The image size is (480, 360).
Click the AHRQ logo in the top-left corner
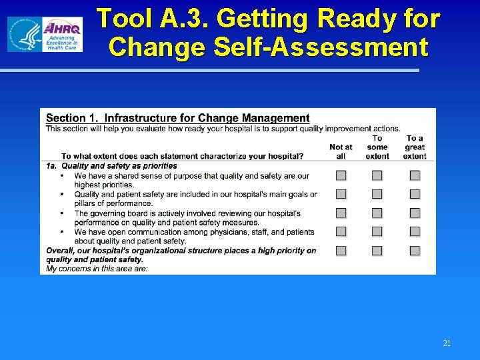pyautogui.click(x=45, y=35)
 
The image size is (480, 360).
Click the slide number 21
pyautogui.click(x=447, y=343)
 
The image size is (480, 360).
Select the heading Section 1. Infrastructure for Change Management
pyautogui.click(x=178, y=119)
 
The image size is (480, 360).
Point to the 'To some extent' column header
pyautogui.click(x=377, y=147)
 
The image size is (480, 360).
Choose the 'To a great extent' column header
pyautogui.click(x=415, y=147)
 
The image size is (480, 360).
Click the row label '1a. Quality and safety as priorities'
pyautogui.click(x=112, y=166)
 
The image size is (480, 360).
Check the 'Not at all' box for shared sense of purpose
pyautogui.click(x=341, y=176)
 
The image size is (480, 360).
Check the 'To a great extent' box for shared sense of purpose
pyautogui.click(x=415, y=176)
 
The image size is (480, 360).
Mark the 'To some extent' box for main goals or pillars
pyautogui.click(x=377, y=195)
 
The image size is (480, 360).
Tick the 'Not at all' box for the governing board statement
pyautogui.click(x=341, y=213)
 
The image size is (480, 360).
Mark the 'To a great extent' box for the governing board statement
pyautogui.click(x=415, y=213)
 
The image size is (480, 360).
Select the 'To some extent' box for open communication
pyautogui.click(x=377, y=232)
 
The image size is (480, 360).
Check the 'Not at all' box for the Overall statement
pyautogui.click(x=341, y=251)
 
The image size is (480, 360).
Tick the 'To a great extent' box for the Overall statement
pyautogui.click(x=415, y=251)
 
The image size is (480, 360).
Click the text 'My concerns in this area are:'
pyautogui.click(x=97, y=269)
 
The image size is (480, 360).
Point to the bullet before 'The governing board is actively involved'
pyautogui.click(x=61, y=213)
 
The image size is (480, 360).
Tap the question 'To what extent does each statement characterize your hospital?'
pyautogui.click(x=183, y=157)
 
